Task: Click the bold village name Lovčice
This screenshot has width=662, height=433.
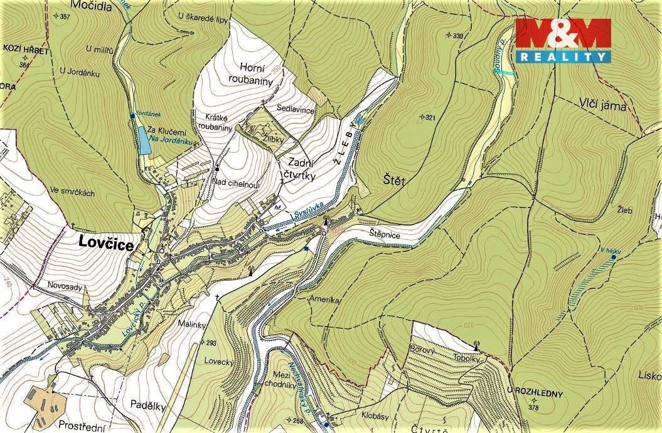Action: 106,245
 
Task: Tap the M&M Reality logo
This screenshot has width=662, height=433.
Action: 563,41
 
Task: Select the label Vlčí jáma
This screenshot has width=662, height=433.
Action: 602,106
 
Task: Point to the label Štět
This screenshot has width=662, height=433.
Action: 394,181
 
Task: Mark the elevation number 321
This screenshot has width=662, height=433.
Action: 430,117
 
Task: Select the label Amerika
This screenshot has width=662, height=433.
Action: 324,300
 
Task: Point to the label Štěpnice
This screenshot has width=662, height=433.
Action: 384,234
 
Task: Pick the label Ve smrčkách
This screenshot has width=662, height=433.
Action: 73,193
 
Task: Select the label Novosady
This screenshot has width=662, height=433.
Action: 65,286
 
